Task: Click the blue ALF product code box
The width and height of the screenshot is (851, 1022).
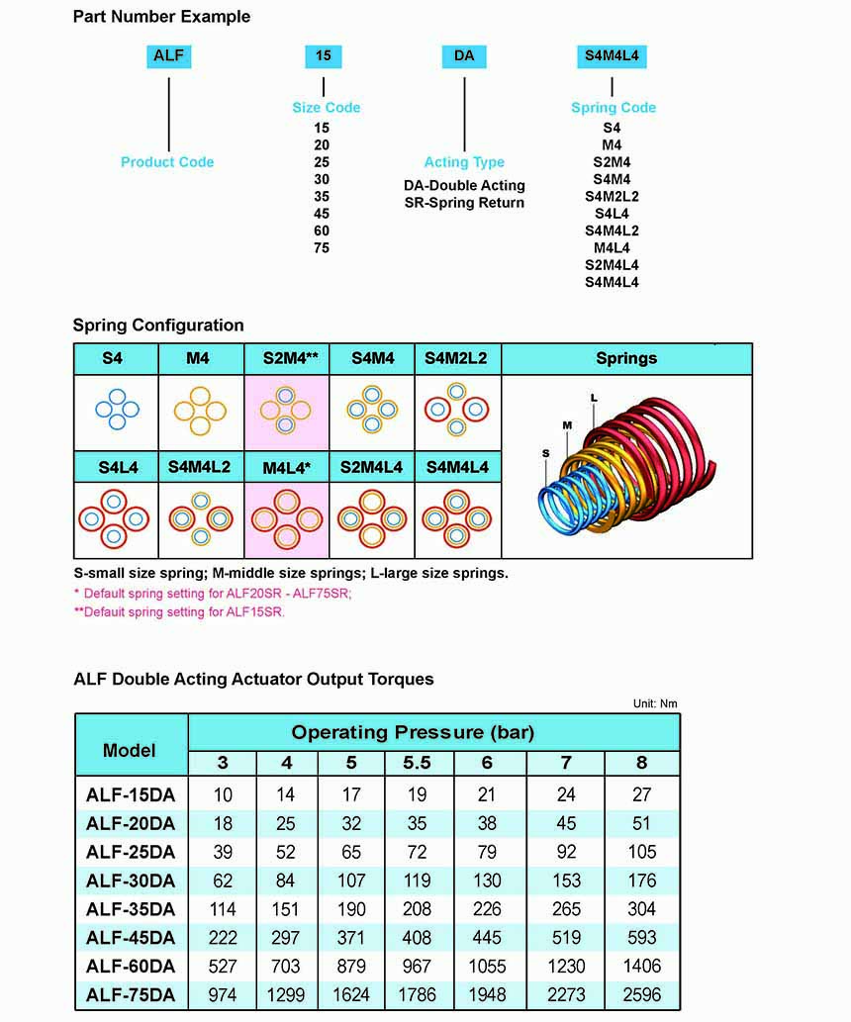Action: (168, 56)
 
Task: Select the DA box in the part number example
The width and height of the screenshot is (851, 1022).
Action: (464, 56)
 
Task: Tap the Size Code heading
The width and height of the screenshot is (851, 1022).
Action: (326, 107)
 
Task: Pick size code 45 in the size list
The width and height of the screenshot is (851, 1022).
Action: (322, 214)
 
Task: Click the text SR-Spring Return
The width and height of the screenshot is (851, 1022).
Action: (464, 203)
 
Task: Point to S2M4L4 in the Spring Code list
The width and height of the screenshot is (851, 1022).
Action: (612, 265)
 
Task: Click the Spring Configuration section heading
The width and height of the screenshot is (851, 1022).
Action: (158, 325)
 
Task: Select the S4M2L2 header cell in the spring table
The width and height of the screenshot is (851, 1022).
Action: (456, 358)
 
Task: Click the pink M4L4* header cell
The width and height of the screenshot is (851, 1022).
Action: (286, 467)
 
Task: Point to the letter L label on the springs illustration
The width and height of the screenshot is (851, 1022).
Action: (594, 396)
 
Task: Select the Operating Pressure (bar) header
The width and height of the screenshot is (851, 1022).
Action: (413, 733)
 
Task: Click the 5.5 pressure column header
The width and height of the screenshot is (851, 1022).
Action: (417, 763)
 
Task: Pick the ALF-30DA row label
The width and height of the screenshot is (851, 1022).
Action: (131, 881)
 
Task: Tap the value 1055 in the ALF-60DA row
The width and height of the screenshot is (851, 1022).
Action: (487, 966)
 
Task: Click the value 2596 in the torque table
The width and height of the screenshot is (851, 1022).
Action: (641, 994)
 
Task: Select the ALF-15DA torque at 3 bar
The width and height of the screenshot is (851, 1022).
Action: (223, 794)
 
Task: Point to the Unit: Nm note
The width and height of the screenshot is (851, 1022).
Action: (655, 703)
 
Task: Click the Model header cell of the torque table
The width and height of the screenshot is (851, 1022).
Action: (130, 749)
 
